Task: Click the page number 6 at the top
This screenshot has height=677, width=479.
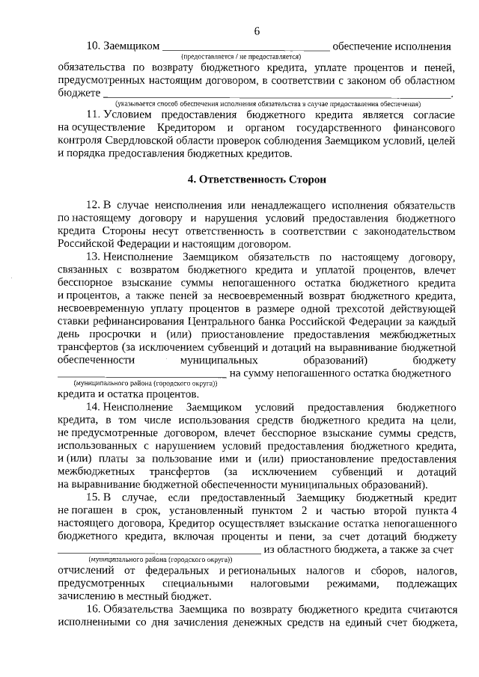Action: coord(257,31)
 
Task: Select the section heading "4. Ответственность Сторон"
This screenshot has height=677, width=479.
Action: coord(257,180)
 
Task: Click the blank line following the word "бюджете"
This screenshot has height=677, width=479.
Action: coord(277,94)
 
